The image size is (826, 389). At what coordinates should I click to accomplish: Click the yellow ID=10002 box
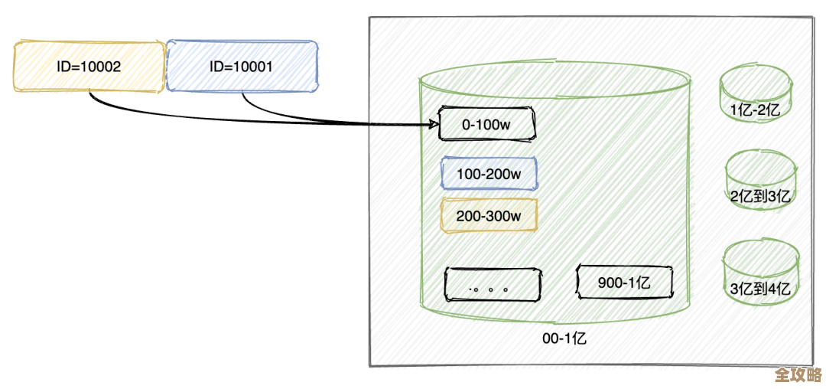(x=89, y=67)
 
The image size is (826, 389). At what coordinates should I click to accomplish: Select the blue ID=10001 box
(x=242, y=65)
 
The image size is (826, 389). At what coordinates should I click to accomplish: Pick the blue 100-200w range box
(x=489, y=174)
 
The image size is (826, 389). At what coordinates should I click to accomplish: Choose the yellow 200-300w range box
(x=489, y=215)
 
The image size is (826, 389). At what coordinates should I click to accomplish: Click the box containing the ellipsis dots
(x=493, y=285)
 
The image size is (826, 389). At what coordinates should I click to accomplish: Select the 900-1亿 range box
(x=625, y=283)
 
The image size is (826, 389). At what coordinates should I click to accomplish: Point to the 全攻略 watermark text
(x=798, y=375)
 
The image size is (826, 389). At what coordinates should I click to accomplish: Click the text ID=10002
(x=89, y=67)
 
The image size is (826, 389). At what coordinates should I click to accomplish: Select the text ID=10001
(x=242, y=67)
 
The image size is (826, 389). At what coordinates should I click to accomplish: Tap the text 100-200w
(x=489, y=174)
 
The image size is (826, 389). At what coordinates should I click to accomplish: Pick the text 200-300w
(x=489, y=216)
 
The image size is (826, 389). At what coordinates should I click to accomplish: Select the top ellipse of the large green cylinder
(x=555, y=82)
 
